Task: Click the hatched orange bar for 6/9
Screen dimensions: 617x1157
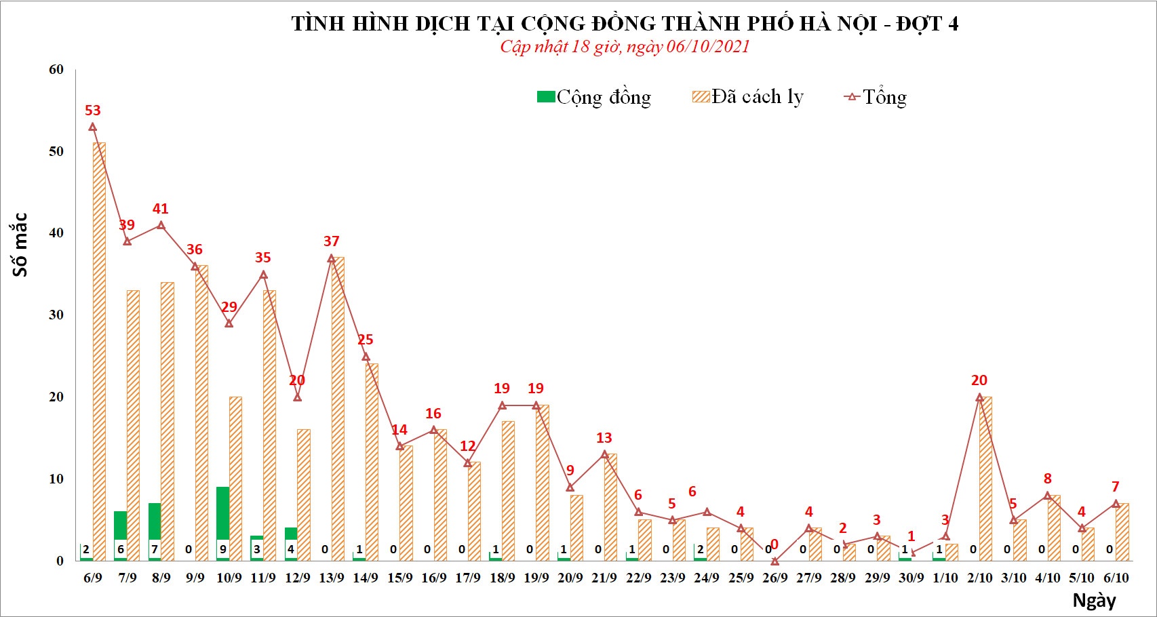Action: (99, 351)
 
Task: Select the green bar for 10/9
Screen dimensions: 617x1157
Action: (222, 513)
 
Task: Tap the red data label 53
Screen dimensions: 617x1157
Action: (92, 111)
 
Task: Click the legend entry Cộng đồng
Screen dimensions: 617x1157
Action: (594, 97)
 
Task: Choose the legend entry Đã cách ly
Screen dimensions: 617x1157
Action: (748, 97)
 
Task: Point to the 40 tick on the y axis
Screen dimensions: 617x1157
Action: (56, 233)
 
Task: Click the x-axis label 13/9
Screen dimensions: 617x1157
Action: (332, 578)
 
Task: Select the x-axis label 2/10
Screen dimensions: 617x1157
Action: (979, 578)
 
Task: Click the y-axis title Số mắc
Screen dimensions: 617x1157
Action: (20, 244)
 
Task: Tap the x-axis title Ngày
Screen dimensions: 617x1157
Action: (1094, 600)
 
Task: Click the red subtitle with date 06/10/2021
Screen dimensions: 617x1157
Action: (625, 46)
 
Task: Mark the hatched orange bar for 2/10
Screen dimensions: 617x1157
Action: (985, 479)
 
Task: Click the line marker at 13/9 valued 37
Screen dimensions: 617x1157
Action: (331, 258)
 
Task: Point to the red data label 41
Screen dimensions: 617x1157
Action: (160, 209)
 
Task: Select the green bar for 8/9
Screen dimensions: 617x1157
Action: (155, 521)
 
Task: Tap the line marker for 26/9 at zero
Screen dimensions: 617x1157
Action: (774, 561)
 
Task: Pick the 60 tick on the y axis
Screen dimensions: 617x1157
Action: (56, 69)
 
